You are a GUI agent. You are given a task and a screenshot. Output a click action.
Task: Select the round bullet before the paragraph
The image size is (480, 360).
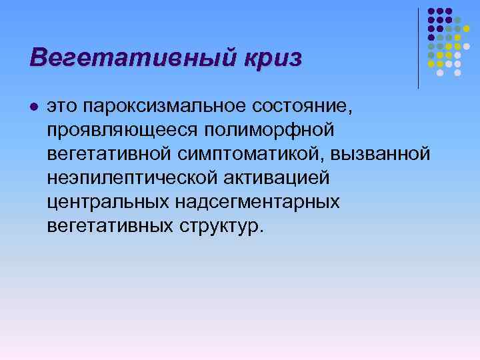pyautogui.click(x=34, y=107)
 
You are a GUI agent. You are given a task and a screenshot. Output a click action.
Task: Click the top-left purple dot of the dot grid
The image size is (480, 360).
pyautogui.click(x=431, y=11)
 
